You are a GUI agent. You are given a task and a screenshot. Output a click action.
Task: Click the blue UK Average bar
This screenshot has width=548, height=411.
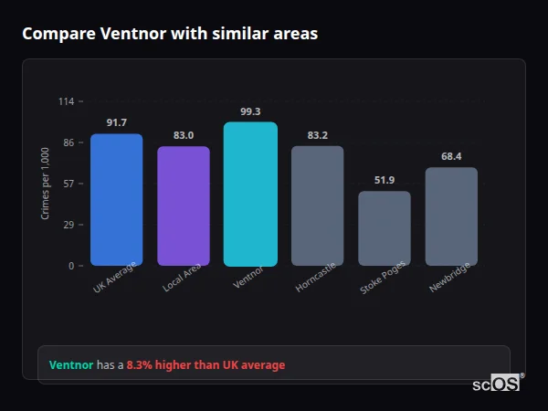116,200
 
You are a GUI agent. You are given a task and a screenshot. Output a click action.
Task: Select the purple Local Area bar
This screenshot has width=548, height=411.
184,206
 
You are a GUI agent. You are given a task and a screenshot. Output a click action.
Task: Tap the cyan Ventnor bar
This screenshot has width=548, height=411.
250,195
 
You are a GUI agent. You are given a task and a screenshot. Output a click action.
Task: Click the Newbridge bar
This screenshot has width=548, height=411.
451,216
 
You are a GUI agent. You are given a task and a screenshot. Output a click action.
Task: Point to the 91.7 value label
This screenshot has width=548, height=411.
116,122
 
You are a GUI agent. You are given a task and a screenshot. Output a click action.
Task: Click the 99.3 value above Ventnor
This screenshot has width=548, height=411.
250,111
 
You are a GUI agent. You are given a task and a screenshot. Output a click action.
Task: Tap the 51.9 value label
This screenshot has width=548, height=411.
385,180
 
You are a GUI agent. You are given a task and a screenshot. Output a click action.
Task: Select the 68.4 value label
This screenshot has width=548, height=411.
451,156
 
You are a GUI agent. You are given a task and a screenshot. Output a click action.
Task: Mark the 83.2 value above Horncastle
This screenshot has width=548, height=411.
317,135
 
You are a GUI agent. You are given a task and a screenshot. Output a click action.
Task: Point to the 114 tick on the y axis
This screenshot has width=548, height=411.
66,101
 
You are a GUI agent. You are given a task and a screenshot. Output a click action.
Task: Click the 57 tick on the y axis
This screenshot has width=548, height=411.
68,184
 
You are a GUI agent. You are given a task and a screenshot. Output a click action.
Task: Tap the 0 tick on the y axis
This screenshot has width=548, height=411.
71,266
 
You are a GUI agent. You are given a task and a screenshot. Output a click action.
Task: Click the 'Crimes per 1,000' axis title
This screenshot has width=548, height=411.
46,183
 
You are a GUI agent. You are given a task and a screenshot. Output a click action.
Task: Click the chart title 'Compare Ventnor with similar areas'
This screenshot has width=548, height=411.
170,34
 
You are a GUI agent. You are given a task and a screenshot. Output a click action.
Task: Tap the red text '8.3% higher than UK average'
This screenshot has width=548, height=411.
205,365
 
